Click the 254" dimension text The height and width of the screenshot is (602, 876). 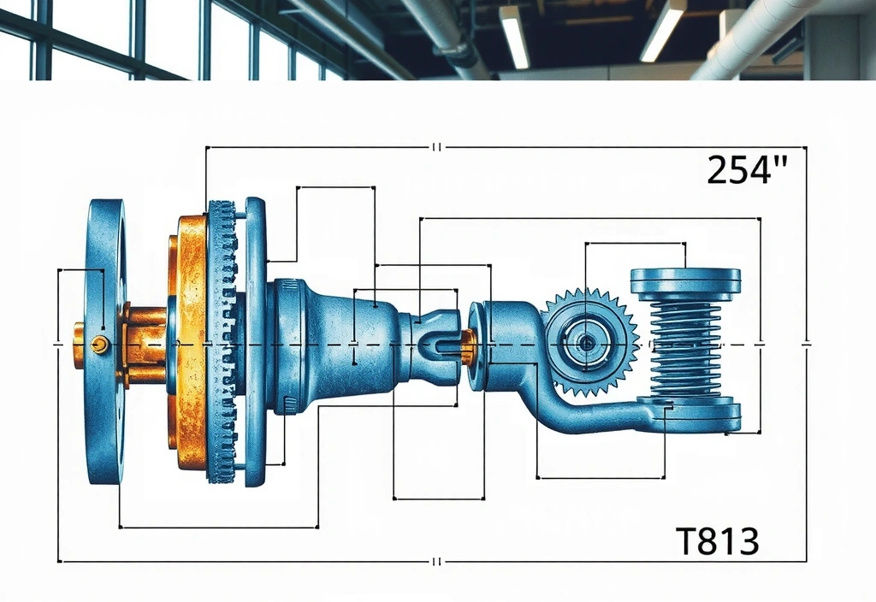pyautogui.click(x=746, y=169)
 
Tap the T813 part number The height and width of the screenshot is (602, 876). pyautogui.click(x=718, y=540)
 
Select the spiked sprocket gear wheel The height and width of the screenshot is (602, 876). pyautogui.click(x=591, y=342)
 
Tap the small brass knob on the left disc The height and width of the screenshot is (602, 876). pyautogui.click(x=99, y=344)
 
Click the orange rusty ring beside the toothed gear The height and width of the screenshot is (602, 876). pyautogui.click(x=188, y=342)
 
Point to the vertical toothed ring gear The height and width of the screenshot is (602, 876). pyautogui.click(x=222, y=341)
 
